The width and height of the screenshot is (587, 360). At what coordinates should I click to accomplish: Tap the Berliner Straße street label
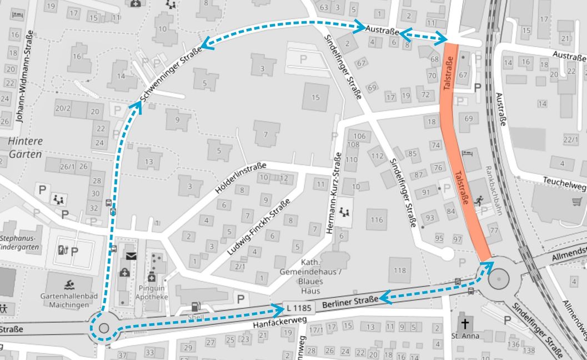[x=345, y=303]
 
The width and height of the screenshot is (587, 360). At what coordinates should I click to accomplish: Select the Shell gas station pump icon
[x=195, y=306]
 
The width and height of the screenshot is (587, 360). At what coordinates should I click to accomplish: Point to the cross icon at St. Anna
[x=464, y=324]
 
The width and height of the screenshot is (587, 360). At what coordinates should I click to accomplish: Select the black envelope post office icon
[x=131, y=256]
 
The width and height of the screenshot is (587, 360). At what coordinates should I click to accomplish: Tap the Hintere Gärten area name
[x=25, y=147]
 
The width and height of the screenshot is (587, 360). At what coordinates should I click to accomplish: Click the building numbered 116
[x=377, y=220]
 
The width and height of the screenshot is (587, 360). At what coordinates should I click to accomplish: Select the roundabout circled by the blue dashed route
[x=103, y=328]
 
